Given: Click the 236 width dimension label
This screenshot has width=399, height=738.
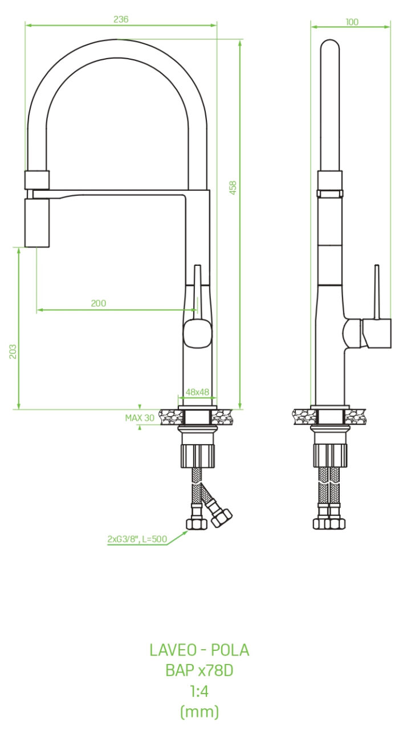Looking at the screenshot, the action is [121, 19].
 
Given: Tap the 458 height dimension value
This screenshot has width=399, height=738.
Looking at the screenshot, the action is [233, 188].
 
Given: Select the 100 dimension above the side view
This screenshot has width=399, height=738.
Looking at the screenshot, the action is [352, 22].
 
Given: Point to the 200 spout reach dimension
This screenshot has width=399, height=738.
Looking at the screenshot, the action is [99, 303].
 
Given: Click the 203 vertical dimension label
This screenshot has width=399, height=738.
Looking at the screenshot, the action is [13, 351].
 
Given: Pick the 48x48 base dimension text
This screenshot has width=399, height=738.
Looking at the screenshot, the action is [197, 392].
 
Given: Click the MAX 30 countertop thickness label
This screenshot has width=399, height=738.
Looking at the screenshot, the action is [140, 418].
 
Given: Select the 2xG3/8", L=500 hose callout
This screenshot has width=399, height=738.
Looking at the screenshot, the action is [137, 539].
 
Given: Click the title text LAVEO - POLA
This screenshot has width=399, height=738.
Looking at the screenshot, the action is [199, 650].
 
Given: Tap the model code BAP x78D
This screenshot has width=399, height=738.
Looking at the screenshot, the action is [199, 670].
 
